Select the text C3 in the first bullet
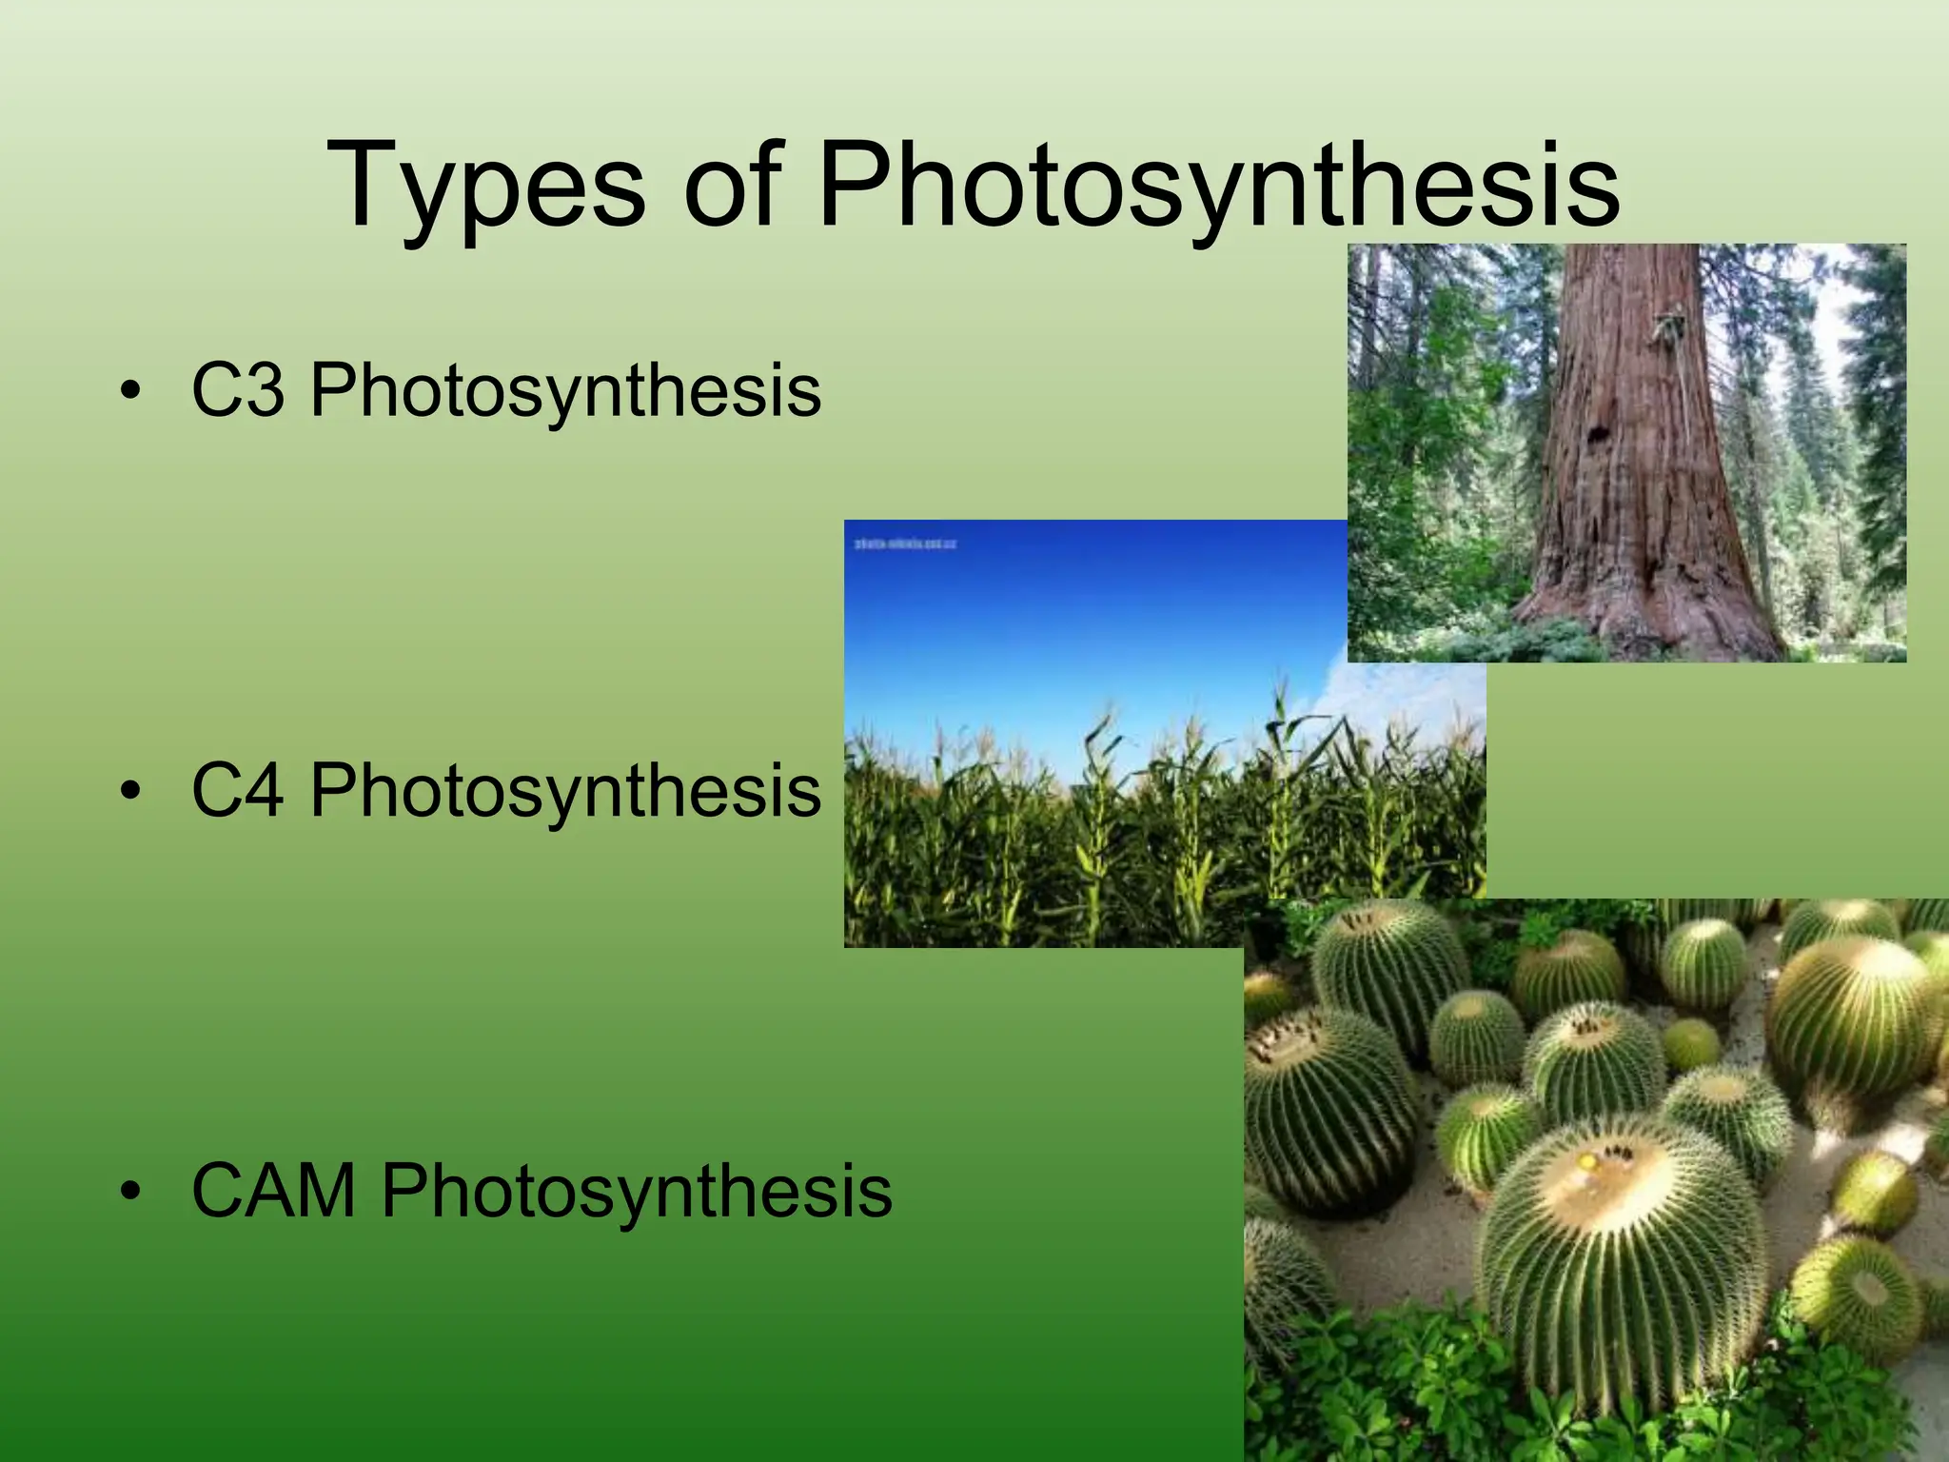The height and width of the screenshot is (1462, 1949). pos(238,390)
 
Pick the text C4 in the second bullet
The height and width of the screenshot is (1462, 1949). pos(238,791)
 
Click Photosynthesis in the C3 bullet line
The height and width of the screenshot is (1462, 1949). pos(565,390)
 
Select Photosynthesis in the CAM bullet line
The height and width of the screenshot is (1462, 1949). pos(636,1191)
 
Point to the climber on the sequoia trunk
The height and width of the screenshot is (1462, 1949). pos(1667,328)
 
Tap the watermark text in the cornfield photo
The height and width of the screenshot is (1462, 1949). pos(905,544)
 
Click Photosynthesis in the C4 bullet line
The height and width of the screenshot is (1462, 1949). pos(565,791)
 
